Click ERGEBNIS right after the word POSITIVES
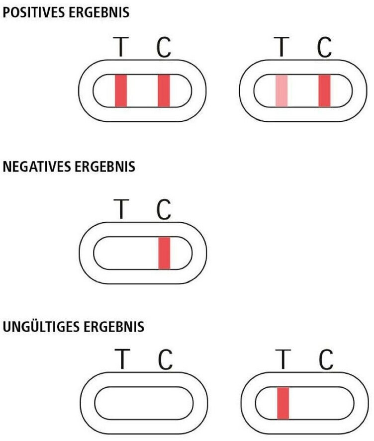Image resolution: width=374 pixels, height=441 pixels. click(x=99, y=12)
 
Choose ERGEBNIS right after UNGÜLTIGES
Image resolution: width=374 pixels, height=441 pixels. click(x=114, y=327)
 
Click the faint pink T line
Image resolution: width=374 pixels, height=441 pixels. click(x=281, y=90)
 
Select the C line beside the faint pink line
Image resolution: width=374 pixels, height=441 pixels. click(x=324, y=90)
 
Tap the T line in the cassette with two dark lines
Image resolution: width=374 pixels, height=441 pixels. click(x=121, y=90)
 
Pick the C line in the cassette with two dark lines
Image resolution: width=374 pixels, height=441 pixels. click(x=164, y=90)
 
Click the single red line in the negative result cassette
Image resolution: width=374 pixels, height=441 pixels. click(x=164, y=253)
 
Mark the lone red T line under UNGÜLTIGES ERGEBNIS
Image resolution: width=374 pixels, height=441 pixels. click(x=283, y=403)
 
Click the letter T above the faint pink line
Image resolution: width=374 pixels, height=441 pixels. click(x=281, y=47)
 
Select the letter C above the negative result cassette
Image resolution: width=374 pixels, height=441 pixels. click(x=164, y=209)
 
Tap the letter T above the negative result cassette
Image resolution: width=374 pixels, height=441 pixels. click(x=121, y=209)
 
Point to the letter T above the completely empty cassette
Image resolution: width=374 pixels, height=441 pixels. click(x=122, y=359)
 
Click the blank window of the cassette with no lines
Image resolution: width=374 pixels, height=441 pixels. click(x=144, y=403)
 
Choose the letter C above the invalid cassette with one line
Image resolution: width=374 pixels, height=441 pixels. click(x=326, y=359)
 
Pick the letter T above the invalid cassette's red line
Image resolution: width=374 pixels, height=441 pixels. click(x=283, y=359)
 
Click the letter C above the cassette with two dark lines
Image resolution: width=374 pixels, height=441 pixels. click(x=164, y=47)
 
